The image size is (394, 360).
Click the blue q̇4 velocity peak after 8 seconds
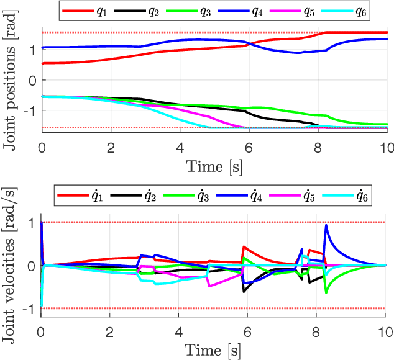coord(326,226)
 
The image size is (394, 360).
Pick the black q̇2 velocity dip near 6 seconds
coord(244,291)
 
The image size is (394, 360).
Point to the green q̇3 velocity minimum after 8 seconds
coord(326,292)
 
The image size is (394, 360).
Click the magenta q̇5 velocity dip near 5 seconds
coord(209,286)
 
